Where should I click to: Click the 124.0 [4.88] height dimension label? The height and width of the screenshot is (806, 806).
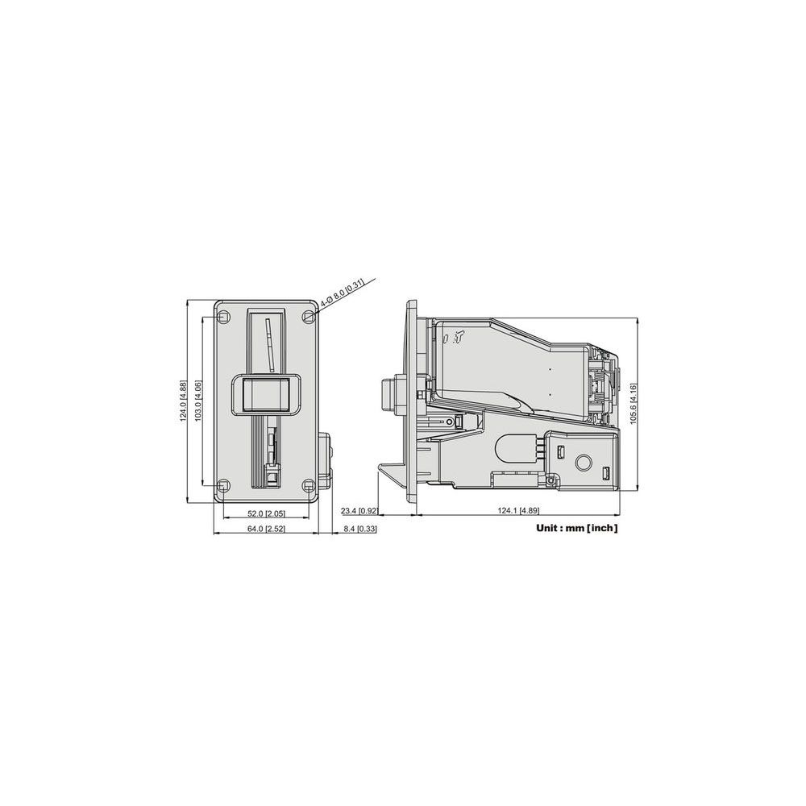click(x=183, y=401)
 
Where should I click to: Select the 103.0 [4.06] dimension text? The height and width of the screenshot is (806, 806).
click(x=198, y=401)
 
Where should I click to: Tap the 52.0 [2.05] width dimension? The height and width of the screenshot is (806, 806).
click(x=266, y=513)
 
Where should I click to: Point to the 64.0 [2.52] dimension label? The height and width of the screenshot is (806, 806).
click(x=266, y=529)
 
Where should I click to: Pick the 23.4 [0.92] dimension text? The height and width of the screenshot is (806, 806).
click(x=359, y=510)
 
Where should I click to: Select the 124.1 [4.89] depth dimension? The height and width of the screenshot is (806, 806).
click(x=518, y=510)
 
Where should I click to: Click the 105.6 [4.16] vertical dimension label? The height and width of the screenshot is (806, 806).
click(x=634, y=404)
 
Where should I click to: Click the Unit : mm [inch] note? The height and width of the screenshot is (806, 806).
click(x=577, y=528)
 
